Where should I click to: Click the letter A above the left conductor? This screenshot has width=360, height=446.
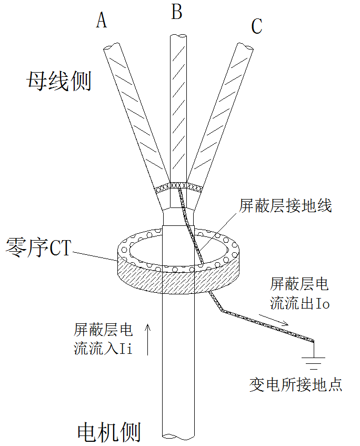point(102,21)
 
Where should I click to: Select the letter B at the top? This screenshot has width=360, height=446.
point(177,12)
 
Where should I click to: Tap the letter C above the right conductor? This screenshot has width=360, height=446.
point(257,26)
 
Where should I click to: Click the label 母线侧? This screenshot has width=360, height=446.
point(59,82)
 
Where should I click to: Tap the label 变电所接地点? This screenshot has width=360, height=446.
point(296,384)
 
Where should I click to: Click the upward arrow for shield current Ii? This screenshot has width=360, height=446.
point(148,339)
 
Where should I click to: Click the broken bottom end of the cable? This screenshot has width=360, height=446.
point(178,435)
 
